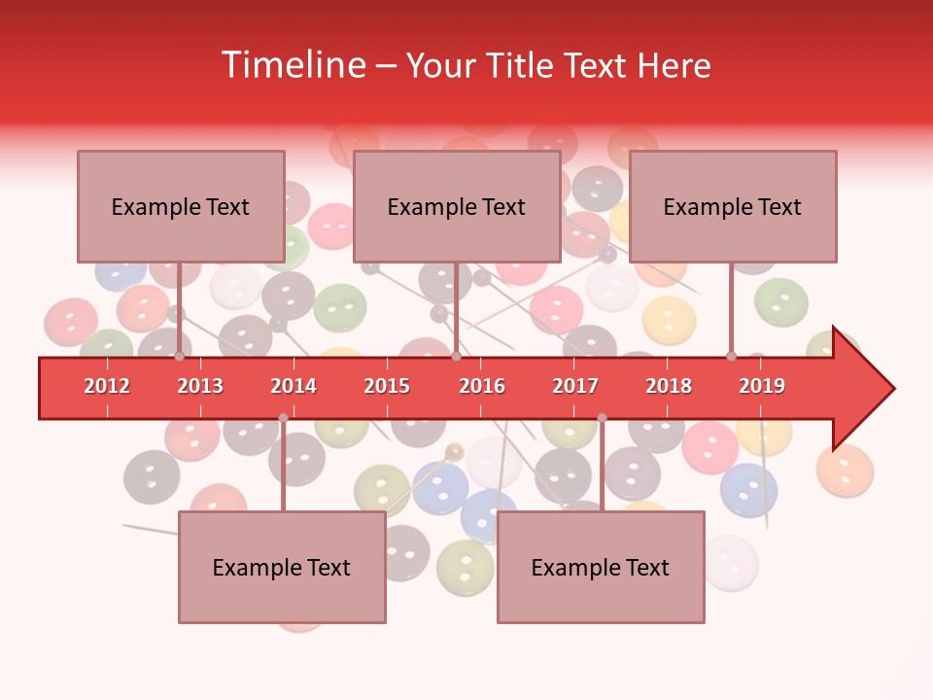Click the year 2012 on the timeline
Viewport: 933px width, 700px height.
107,386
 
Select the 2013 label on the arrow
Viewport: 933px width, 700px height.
200,386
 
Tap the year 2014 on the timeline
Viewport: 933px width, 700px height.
294,386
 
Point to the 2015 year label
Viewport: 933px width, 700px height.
387,386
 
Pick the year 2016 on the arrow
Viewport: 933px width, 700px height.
482,386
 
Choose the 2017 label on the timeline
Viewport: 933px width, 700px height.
575,386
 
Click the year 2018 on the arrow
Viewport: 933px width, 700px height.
669,386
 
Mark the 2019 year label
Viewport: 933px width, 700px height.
762,386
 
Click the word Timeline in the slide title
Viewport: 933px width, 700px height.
292,65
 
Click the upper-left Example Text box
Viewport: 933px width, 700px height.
181,206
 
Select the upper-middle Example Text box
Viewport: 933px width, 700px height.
457,206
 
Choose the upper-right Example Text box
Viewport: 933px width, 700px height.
733,206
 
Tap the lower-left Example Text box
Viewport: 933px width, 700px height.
282,567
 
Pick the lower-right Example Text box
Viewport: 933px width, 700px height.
601,567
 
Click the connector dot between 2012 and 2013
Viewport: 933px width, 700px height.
180,356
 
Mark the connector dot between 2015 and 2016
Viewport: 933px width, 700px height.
456,356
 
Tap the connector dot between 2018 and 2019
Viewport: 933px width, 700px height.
732,356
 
